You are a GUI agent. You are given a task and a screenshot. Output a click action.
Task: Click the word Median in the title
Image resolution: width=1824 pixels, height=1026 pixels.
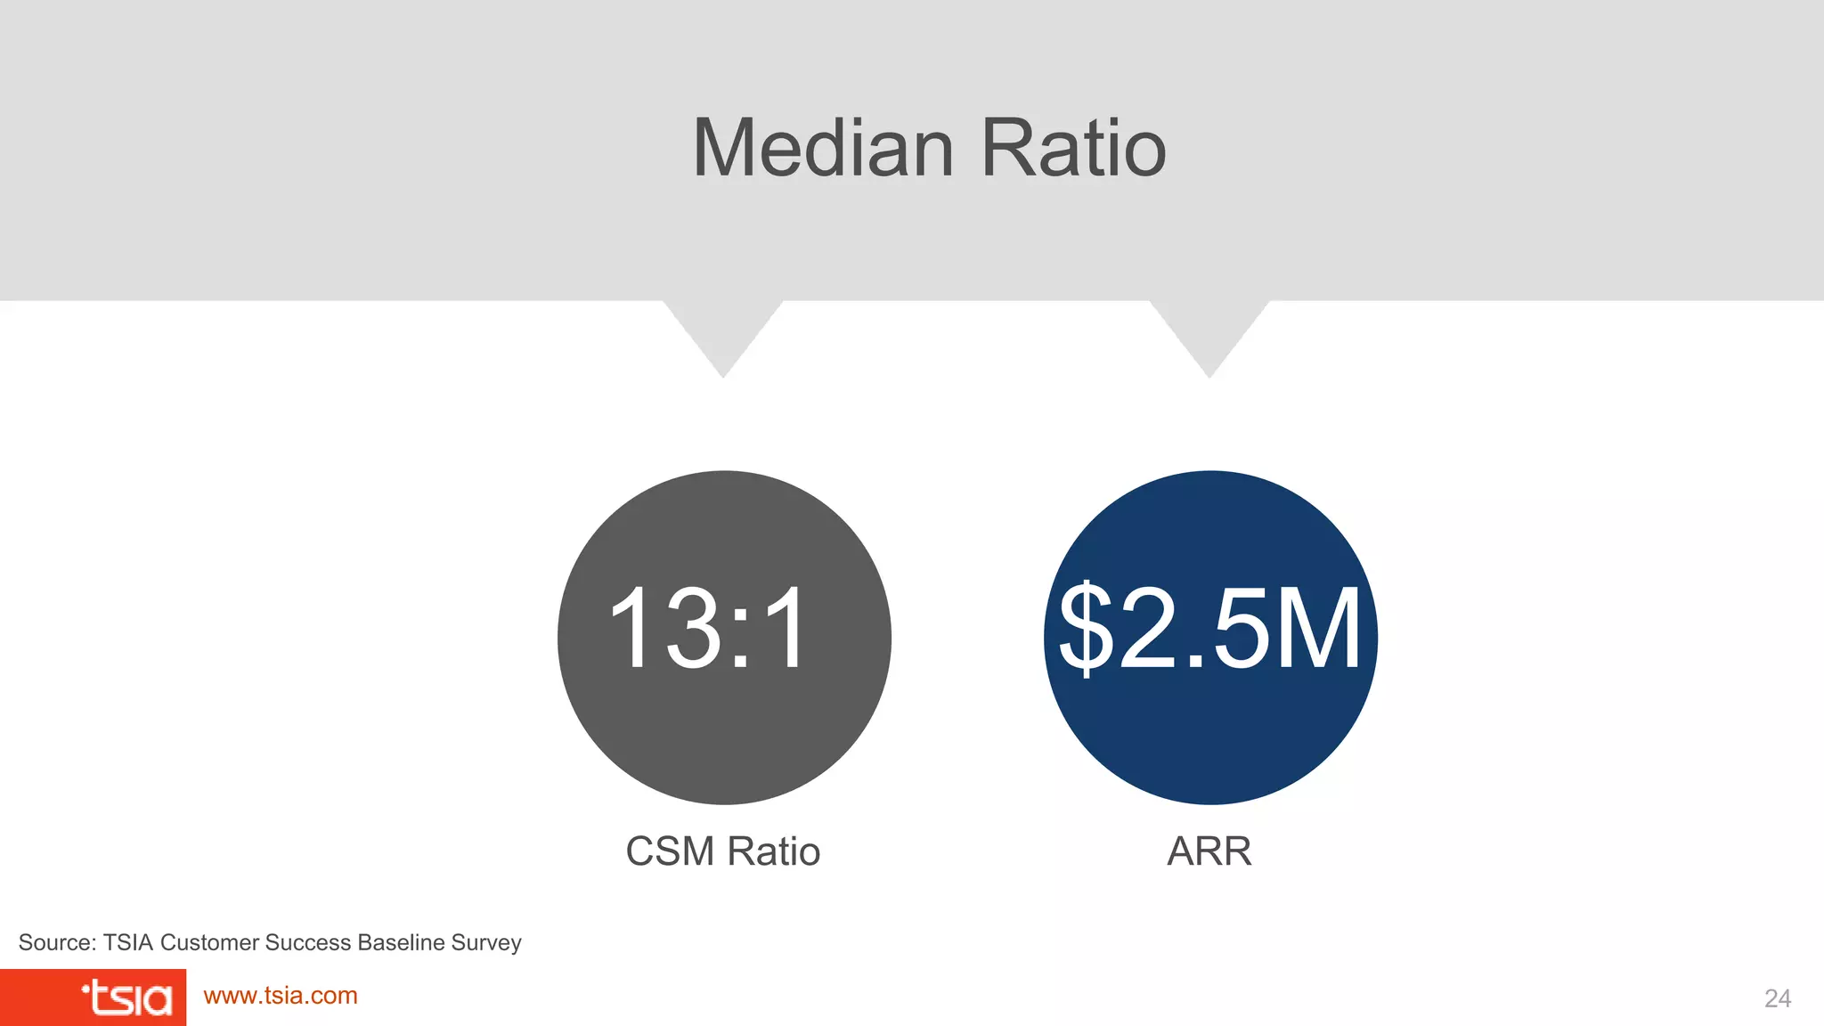(x=823, y=149)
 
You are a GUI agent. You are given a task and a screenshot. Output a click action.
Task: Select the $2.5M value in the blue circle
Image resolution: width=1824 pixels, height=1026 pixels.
(x=1209, y=628)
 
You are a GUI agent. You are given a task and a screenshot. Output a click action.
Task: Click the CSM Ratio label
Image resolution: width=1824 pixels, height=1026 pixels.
(x=722, y=851)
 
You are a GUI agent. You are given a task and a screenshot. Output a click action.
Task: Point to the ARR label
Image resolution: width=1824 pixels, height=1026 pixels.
(x=1209, y=851)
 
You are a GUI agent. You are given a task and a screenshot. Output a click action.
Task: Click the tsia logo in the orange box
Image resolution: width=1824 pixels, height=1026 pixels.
(x=126, y=998)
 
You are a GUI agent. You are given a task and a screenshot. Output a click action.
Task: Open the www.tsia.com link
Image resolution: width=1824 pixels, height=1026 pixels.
(x=281, y=996)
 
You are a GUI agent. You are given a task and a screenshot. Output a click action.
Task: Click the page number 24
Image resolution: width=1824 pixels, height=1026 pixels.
(x=1777, y=998)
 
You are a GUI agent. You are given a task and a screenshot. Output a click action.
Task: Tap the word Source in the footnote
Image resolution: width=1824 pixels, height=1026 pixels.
(x=55, y=942)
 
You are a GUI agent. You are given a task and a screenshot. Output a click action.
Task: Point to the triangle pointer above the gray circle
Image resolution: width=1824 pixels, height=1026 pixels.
(x=723, y=334)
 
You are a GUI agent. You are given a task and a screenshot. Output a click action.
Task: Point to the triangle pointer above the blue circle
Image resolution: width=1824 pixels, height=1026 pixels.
(x=1209, y=334)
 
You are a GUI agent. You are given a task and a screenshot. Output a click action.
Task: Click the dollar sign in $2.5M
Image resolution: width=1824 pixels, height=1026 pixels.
(x=1087, y=628)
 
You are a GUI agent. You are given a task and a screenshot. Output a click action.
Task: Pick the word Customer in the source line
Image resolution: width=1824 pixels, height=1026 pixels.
(x=209, y=942)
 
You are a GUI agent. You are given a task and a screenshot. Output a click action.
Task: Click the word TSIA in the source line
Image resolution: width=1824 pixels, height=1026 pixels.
(x=128, y=942)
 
